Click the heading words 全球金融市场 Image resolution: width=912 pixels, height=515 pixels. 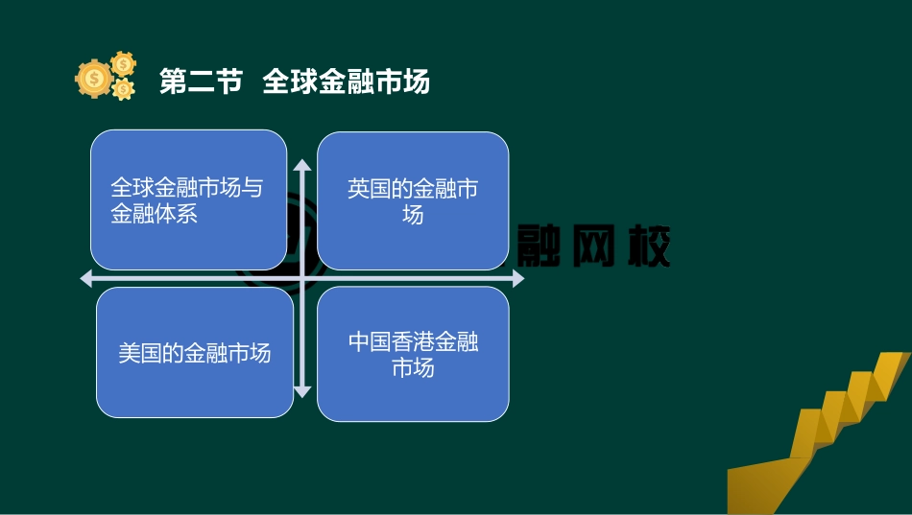coord(346,82)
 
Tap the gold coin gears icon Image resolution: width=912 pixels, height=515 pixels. coord(106,77)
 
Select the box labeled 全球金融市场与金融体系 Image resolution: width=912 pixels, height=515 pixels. coord(188,199)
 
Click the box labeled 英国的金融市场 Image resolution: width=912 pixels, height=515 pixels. coord(413,200)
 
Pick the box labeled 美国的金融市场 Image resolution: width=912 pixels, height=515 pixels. coord(195,353)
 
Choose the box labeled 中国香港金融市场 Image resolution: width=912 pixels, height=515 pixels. coord(413,354)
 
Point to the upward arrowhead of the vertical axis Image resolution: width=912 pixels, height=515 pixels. coord(302,165)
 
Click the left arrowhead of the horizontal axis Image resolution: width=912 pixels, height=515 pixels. coord(86,279)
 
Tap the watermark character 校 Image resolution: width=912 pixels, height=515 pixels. coord(646,247)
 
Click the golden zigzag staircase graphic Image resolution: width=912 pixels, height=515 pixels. coord(826,432)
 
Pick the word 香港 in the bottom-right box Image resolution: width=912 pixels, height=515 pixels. coord(415,341)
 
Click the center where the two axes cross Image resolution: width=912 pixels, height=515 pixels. coord(302,279)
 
